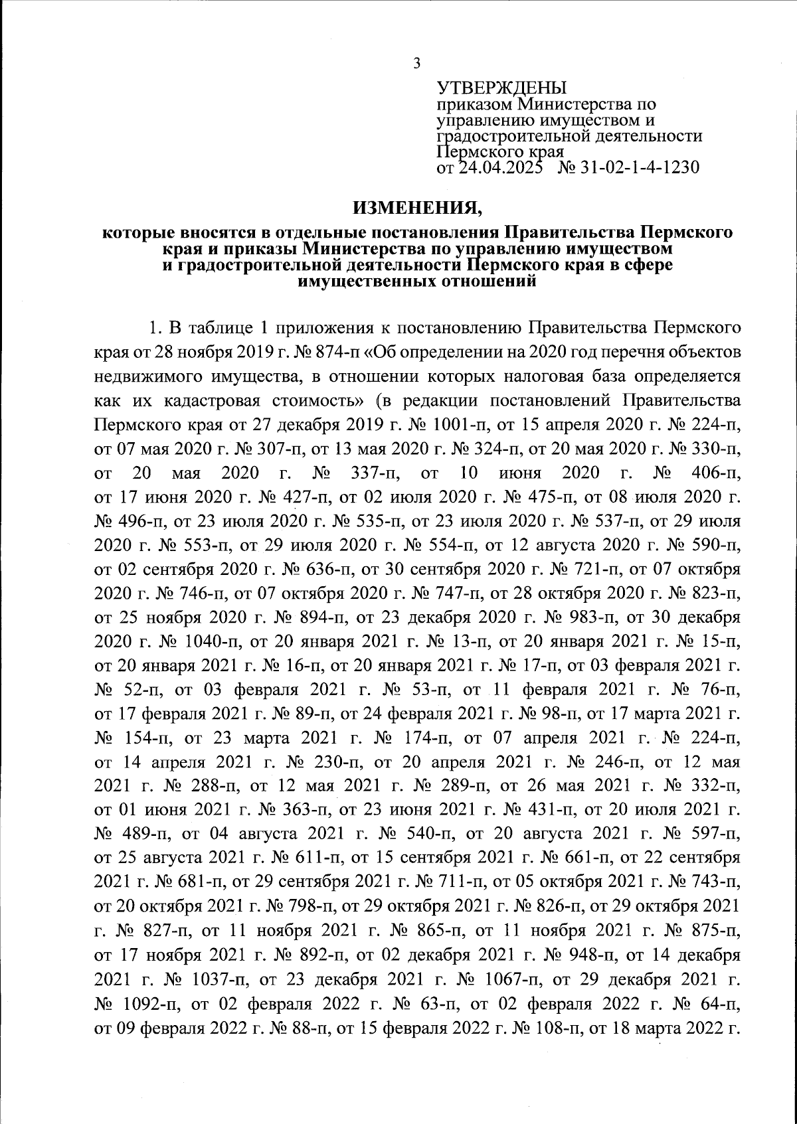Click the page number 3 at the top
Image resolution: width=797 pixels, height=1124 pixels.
416,64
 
